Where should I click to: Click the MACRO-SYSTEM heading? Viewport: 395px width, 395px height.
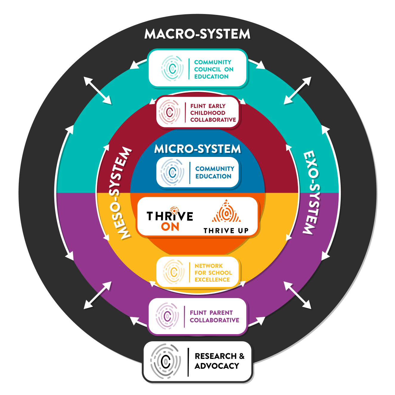click(197, 34)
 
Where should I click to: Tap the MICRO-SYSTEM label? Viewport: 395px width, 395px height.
click(197, 149)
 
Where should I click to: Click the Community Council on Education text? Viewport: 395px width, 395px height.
click(214, 69)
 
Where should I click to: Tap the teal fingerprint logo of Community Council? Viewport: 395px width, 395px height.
click(172, 69)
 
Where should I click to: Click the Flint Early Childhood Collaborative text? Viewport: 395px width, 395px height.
click(213, 113)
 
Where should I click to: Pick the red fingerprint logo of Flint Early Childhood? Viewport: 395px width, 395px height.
click(169, 112)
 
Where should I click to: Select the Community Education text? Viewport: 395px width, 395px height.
click(215, 172)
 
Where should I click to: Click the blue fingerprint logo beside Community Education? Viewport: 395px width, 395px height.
click(172, 172)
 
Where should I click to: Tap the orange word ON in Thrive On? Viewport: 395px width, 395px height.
click(170, 227)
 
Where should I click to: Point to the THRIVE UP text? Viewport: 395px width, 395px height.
click(226, 231)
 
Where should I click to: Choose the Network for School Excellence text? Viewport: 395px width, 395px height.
click(213, 273)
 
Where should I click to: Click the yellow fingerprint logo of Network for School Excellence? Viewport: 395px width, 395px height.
click(174, 272)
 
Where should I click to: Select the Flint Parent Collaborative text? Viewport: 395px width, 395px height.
click(214, 317)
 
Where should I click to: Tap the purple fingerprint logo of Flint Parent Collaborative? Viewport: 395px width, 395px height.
click(168, 316)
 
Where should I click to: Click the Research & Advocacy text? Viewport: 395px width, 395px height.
click(219, 361)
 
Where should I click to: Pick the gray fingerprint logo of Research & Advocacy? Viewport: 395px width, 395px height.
click(166, 361)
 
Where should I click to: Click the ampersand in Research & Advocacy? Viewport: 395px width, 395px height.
click(242, 356)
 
